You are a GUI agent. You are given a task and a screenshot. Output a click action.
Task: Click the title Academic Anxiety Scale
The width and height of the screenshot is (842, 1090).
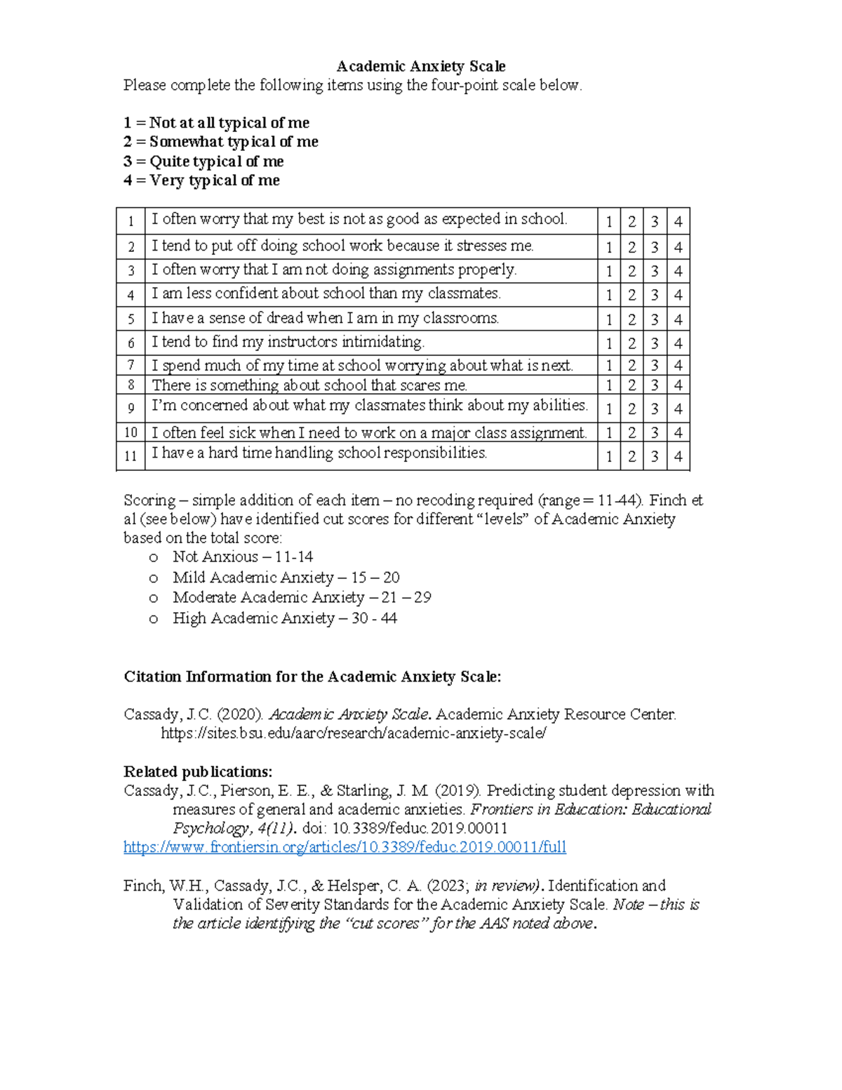tap(421, 67)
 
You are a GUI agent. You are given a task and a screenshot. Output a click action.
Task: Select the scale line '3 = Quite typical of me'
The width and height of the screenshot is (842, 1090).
tap(203, 161)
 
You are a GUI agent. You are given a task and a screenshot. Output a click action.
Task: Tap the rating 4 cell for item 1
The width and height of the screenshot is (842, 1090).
tap(678, 222)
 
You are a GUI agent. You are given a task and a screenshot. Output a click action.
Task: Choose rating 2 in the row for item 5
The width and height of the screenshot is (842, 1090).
tap(631, 319)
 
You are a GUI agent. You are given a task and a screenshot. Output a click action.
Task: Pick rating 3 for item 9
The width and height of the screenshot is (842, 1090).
tap(655, 408)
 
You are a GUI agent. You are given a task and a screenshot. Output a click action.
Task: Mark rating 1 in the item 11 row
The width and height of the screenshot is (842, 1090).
tap(609, 456)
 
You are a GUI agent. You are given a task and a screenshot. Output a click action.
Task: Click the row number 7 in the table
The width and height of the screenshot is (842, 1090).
tap(131, 366)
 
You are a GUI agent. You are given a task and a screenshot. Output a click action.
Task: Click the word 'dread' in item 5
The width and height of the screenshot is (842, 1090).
tap(285, 318)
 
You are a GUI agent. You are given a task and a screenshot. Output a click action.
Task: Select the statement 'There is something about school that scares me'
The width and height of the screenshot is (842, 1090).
tap(309, 385)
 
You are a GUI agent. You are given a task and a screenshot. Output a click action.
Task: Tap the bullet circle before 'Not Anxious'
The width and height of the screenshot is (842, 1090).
tap(154, 558)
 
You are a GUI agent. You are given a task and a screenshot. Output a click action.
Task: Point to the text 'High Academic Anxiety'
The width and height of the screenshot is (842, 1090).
tap(253, 618)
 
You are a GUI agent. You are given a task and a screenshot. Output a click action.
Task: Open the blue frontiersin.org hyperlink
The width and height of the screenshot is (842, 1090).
tap(345, 847)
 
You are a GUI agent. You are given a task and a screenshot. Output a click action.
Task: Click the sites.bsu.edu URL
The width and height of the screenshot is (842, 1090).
tap(353, 733)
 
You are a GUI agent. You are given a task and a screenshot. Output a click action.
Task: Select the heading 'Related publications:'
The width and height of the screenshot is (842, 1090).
tap(198, 772)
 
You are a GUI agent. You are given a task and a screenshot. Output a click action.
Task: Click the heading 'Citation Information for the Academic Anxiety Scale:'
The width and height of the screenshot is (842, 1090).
tap(312, 677)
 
